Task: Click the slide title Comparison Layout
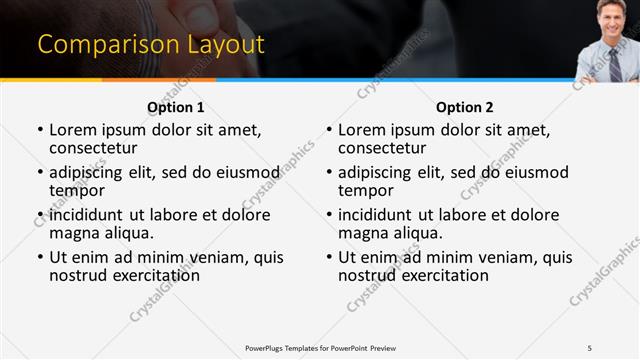[x=150, y=45]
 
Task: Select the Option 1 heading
[x=176, y=107]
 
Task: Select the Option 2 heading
[x=464, y=107]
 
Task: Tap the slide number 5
[x=590, y=347]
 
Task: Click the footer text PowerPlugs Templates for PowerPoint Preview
[x=320, y=347]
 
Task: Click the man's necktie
[x=614, y=62]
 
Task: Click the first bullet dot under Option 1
[x=40, y=131]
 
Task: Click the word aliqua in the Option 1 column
[x=128, y=233]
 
